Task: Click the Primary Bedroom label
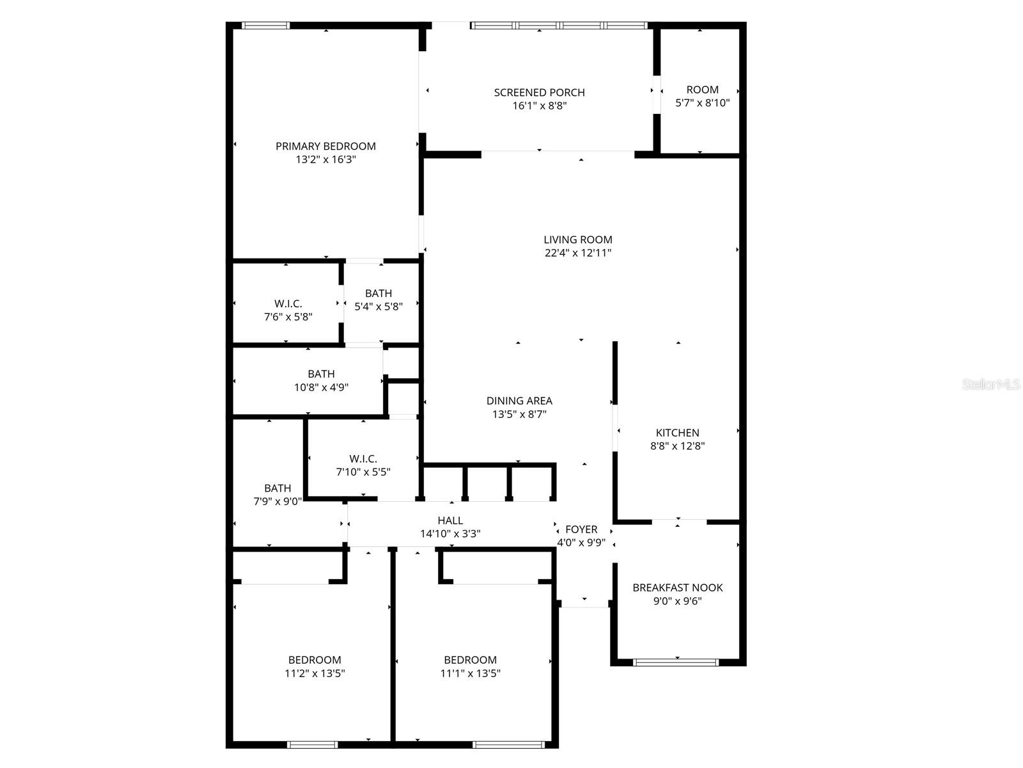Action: click(325, 147)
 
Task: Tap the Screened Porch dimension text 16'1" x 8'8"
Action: click(540, 106)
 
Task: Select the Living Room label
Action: click(578, 240)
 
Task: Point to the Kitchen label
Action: click(678, 433)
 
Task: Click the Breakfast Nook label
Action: click(678, 588)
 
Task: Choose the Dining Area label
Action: click(519, 401)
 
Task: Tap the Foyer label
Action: click(581, 530)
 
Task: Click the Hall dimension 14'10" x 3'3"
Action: click(450, 534)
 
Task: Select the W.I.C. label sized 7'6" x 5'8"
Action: click(288, 304)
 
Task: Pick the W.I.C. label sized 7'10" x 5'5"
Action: click(363, 459)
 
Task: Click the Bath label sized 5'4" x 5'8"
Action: click(379, 294)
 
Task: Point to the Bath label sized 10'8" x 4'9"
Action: click(321, 374)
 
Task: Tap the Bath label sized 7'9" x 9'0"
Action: click(277, 488)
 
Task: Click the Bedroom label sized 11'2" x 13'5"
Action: click(315, 660)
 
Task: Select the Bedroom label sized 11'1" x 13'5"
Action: click(471, 660)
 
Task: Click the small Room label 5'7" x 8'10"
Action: click(703, 90)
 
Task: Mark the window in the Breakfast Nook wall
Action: click(676, 662)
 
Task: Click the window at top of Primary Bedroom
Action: click(265, 26)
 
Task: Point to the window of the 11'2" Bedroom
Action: click(312, 744)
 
